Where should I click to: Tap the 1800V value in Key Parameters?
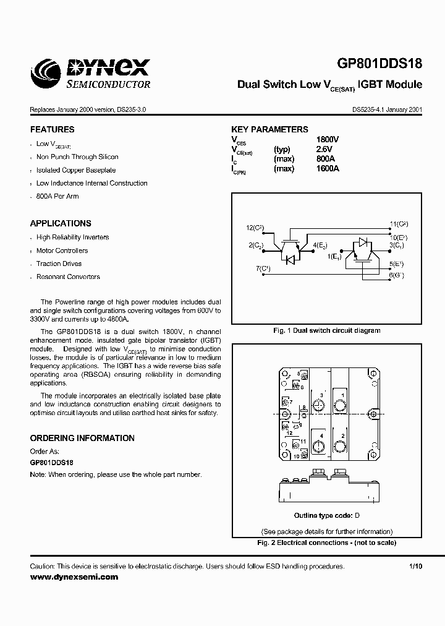click(x=328, y=140)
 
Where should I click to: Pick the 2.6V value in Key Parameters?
click(x=324, y=150)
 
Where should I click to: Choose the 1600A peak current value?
click(x=328, y=168)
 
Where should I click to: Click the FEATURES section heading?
click(x=52, y=130)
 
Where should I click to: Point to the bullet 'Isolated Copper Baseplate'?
click(x=76, y=170)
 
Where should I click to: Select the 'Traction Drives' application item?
click(x=59, y=264)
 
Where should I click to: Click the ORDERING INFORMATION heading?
click(x=82, y=438)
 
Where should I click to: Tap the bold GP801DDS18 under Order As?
click(x=52, y=462)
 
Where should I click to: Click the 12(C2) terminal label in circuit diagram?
click(x=255, y=228)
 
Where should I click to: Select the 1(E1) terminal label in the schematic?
click(x=335, y=255)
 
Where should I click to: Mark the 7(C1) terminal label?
click(x=263, y=268)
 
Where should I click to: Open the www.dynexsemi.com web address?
click(x=74, y=577)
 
